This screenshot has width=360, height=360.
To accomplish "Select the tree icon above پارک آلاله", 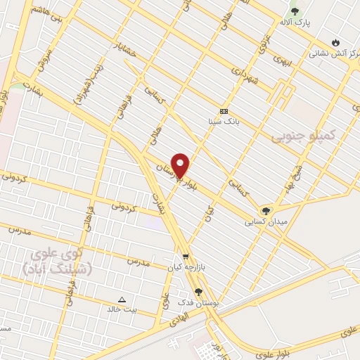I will (295, 11).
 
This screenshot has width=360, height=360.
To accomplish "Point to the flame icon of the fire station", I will (335, 42).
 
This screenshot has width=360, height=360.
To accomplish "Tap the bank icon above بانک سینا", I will (224, 111).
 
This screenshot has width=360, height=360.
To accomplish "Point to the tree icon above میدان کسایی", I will (265, 210).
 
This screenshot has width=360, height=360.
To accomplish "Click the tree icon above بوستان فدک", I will (198, 291).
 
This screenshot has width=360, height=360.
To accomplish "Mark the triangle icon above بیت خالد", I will (122, 298).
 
